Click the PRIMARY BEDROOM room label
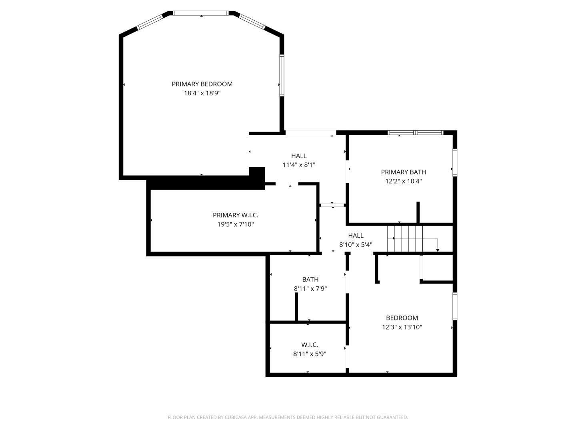click(x=202, y=84)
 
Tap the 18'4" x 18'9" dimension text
click(x=202, y=93)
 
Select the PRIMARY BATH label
click(x=403, y=172)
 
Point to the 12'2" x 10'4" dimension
click(x=403, y=181)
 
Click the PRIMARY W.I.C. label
click(x=235, y=215)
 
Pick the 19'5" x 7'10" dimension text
click(x=235, y=224)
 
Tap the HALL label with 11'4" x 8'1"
click(x=299, y=156)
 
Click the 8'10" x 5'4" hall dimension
click(x=356, y=245)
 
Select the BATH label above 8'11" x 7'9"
click(x=310, y=279)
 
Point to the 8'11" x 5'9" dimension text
click(x=310, y=354)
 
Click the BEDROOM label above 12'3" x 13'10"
click(x=402, y=318)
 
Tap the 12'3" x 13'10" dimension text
click(x=402, y=327)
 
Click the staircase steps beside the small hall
click(x=405, y=238)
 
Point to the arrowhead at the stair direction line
click(x=438, y=250)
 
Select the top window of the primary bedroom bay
click(x=201, y=13)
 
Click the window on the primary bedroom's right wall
click(x=282, y=75)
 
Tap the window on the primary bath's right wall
click(x=455, y=162)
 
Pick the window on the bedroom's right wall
click(x=455, y=306)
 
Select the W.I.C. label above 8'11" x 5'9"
click(x=310, y=345)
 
